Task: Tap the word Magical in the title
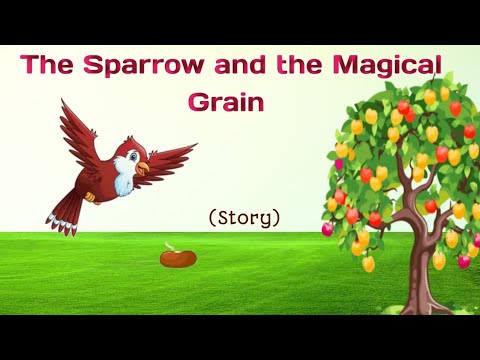tap(384, 67)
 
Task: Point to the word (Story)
tap(244, 216)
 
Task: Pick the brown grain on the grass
tap(178, 258)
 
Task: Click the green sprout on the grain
tap(180, 246)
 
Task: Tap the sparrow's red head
tap(128, 152)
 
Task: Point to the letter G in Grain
tap(196, 101)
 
